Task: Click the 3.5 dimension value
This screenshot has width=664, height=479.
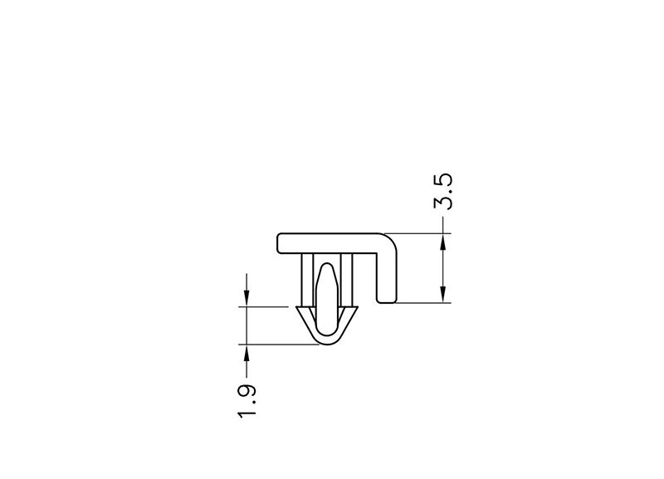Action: [443, 192]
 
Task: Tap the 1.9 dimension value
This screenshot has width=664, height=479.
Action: [247, 401]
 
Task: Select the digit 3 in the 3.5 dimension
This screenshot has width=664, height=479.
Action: [443, 202]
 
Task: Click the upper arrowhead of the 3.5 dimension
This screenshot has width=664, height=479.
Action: [443, 242]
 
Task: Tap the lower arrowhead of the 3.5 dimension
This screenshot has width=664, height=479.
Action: [443, 295]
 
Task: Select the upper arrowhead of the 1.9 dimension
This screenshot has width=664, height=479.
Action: [247, 298]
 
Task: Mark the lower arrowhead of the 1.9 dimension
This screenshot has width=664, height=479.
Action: [247, 353]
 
